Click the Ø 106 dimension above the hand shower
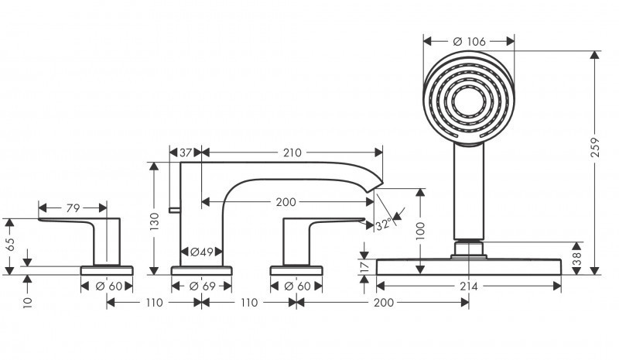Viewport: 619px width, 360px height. pos(467,41)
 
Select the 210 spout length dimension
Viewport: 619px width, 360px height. pos(292,153)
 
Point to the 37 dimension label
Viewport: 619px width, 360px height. pos(185,153)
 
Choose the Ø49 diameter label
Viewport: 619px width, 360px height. pos(202,252)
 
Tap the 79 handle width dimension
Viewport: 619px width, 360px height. pos(72,207)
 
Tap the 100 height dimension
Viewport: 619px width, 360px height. pos(420,231)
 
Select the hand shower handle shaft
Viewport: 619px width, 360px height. pos(467,194)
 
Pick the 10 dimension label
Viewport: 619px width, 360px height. pos(28,300)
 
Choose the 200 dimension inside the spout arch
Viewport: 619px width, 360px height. pos(286,202)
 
